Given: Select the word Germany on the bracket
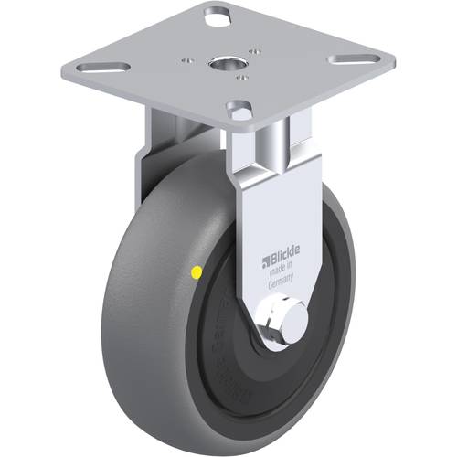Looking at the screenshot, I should tap(281, 284).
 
